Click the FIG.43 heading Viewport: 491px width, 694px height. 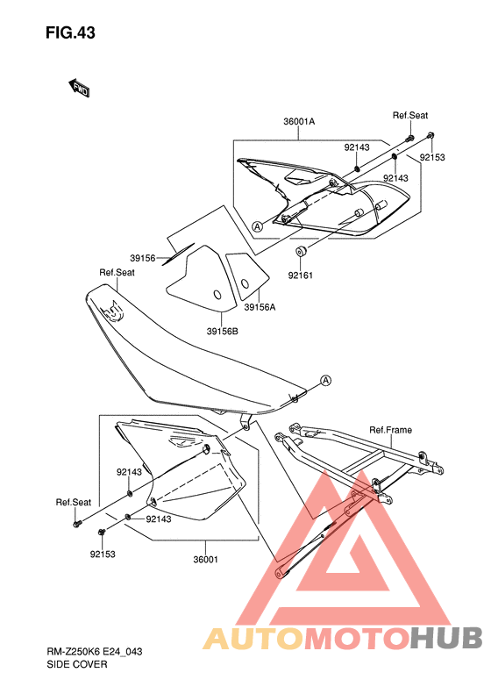click(x=70, y=32)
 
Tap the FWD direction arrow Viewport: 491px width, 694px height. click(x=79, y=88)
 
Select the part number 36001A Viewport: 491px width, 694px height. click(x=299, y=121)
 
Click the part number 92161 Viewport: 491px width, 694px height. click(x=301, y=275)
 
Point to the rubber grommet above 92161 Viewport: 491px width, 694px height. click(x=302, y=251)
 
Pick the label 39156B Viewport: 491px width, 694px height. click(x=222, y=331)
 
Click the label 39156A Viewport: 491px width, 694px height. click(x=260, y=307)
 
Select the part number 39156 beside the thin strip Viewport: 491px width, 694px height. click(x=143, y=258)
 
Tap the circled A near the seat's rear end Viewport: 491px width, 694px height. click(x=325, y=380)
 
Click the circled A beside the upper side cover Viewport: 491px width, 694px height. click(x=258, y=226)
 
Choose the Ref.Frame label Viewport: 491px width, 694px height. click(x=390, y=430)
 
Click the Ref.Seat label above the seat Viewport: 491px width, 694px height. click(x=117, y=272)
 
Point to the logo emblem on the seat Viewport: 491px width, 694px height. click(x=112, y=311)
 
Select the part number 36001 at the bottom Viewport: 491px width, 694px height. click(x=206, y=560)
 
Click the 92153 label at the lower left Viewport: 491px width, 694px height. click(x=103, y=554)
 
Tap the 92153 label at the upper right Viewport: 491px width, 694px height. click(x=432, y=158)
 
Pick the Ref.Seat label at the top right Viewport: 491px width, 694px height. click(x=410, y=115)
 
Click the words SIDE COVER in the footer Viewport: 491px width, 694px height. click(x=77, y=664)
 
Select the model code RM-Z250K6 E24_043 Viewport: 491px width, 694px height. click(x=95, y=652)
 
